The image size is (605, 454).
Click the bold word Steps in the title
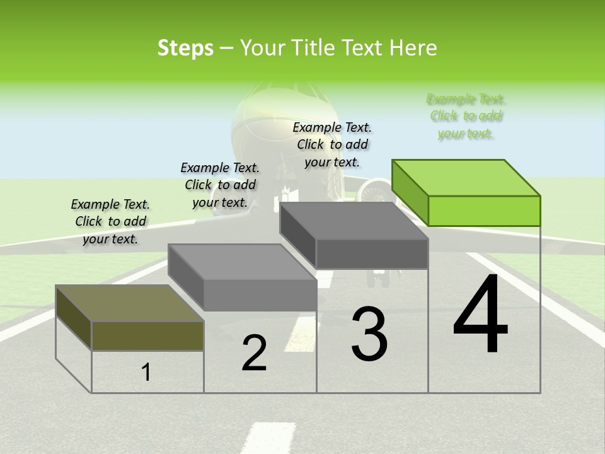(185, 48)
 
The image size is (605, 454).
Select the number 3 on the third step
(369, 334)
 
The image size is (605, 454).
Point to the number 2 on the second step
(254, 353)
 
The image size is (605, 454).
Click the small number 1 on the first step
(146, 373)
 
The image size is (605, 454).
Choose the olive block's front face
(147, 335)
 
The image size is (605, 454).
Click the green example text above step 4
(466, 116)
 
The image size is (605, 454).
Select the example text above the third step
(332, 144)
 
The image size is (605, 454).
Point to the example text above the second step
(220, 185)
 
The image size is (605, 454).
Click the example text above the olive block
(110, 221)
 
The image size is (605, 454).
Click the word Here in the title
(413, 48)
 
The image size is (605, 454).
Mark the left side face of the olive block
(74, 317)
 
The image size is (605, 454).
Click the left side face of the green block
(410, 192)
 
